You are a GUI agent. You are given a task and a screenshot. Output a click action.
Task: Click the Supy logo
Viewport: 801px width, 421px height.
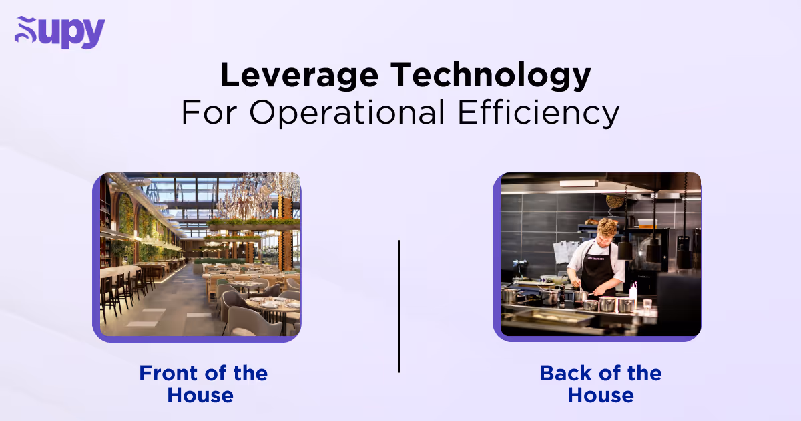click(59, 33)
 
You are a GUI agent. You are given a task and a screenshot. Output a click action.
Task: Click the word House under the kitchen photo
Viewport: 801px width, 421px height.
click(601, 395)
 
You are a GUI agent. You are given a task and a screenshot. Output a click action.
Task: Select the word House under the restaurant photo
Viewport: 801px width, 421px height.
click(200, 395)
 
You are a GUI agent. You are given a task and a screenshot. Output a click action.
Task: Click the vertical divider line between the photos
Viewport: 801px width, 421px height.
click(399, 306)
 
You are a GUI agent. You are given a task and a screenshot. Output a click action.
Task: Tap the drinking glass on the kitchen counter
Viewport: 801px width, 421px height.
click(647, 304)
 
